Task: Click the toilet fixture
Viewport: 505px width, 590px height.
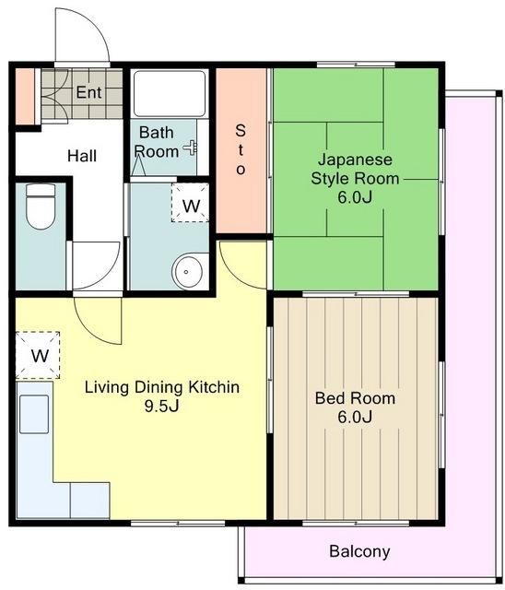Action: pyautogui.click(x=40, y=207)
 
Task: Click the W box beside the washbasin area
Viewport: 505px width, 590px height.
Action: pyautogui.click(x=190, y=206)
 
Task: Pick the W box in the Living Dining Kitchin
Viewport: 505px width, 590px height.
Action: pyautogui.click(x=39, y=355)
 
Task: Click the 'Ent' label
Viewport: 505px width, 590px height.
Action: pyautogui.click(x=88, y=92)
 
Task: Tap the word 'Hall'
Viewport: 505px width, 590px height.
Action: pyautogui.click(x=82, y=156)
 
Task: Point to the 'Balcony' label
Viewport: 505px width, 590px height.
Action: pyautogui.click(x=359, y=552)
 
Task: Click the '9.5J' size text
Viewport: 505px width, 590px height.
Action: pyautogui.click(x=161, y=407)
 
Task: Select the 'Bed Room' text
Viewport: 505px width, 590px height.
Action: pyautogui.click(x=355, y=398)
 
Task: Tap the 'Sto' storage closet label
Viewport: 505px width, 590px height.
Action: pyautogui.click(x=241, y=148)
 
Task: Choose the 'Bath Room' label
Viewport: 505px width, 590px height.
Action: pyautogui.click(x=157, y=142)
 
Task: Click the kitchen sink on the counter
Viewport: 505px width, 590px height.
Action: pyautogui.click(x=35, y=414)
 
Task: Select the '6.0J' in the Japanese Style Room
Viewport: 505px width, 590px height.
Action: pyautogui.click(x=355, y=197)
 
